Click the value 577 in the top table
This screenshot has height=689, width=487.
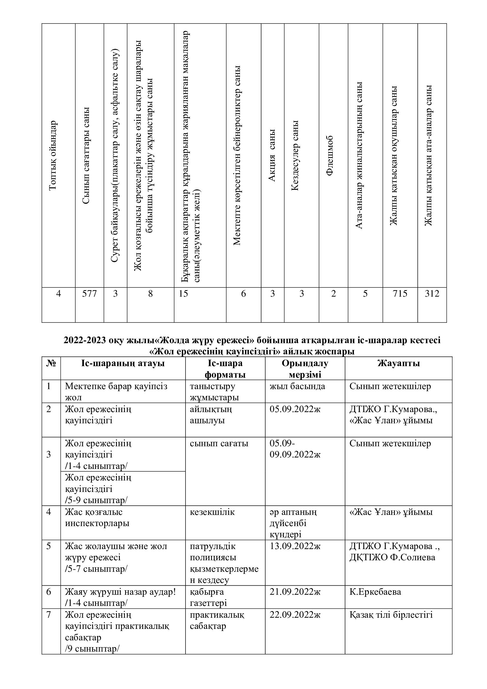90,293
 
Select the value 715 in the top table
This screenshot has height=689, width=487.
400,293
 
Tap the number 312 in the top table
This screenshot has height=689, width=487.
432,293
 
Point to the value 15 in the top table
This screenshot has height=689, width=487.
183,293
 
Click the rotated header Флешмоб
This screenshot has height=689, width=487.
329,156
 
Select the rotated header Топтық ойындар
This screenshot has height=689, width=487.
52,155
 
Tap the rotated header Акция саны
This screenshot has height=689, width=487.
272,156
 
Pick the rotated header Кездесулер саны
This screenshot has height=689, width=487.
295,156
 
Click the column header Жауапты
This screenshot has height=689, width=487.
398,363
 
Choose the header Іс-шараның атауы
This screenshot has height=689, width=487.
123,363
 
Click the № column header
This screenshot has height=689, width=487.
51,363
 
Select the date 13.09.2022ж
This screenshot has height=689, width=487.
295,546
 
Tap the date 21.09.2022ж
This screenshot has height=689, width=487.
295,592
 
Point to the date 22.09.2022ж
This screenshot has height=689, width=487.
295,615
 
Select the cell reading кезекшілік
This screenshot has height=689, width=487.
212,512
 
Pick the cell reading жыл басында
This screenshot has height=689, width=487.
297,386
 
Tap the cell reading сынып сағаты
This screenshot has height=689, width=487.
219,444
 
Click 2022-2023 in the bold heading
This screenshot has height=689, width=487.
85,341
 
